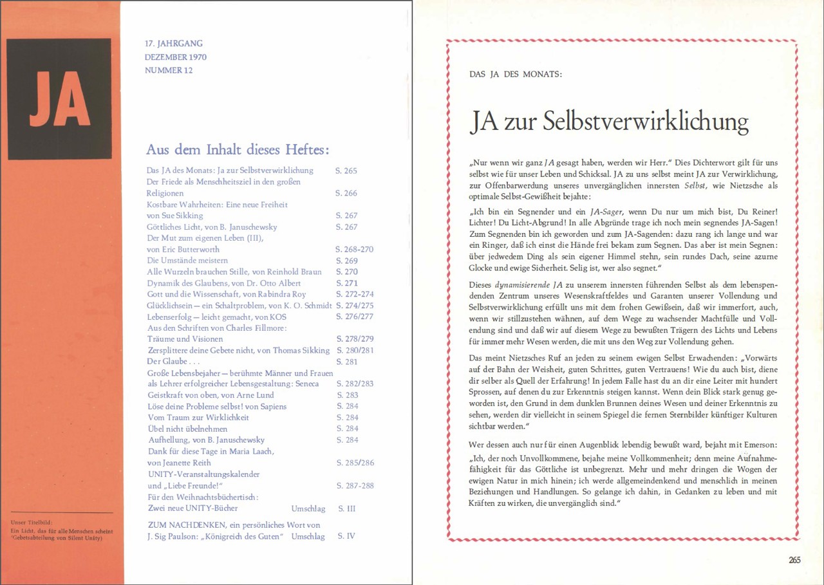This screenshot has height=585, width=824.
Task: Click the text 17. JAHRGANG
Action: [x=174, y=44]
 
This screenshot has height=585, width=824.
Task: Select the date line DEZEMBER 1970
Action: [x=175, y=57]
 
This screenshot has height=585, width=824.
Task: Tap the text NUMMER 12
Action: [x=169, y=70]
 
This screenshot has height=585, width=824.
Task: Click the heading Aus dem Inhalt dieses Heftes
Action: [x=238, y=149]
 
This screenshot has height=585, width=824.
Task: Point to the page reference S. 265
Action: [x=346, y=171]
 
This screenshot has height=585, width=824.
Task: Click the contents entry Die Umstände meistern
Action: [x=187, y=261]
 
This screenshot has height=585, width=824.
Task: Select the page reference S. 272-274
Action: [x=355, y=294]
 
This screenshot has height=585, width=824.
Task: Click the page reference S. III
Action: [x=346, y=508]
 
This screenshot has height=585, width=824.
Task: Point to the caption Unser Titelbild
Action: [x=32, y=522]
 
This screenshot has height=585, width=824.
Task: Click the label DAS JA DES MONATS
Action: [x=516, y=74]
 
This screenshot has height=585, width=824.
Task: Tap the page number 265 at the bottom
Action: [x=795, y=560]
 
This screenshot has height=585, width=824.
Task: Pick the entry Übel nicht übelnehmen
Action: [x=187, y=429]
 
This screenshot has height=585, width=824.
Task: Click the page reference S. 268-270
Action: [x=354, y=249]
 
